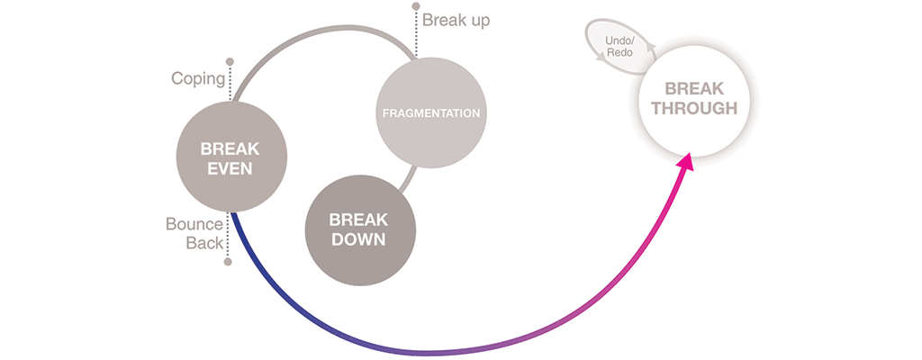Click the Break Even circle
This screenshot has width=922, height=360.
coord(232,157)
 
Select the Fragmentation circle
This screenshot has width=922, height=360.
coord(431,112)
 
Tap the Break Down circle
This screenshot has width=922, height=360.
coord(360,230)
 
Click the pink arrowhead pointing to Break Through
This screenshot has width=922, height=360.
coord(685,163)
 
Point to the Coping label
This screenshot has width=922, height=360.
coord(198,78)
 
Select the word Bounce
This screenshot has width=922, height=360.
coord(194,224)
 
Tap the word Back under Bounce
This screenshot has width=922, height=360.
coord(204,243)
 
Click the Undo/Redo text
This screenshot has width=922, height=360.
coord(618,47)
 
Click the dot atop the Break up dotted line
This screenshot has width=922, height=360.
coord(416,6)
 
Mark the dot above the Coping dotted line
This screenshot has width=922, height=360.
coord(230,61)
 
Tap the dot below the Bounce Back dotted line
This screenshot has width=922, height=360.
coord(228,262)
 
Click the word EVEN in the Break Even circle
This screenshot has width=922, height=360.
coord(231,168)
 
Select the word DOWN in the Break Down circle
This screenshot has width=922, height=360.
coord(357,240)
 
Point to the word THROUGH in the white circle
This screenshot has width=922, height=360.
coord(694,108)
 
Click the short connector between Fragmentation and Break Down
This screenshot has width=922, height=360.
coord(409,179)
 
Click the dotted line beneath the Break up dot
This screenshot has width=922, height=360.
coord(416,33)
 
